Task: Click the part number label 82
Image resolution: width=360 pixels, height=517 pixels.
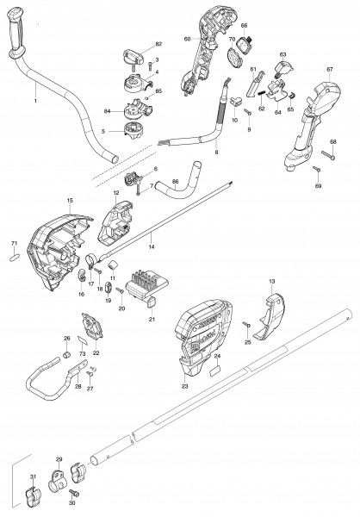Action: point(158,44)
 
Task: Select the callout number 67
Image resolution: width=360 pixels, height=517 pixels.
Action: point(330,69)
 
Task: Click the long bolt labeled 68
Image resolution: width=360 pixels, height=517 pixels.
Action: point(328,155)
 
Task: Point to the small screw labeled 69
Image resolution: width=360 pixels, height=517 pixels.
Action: point(317,169)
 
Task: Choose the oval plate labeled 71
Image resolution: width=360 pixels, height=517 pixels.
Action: point(15,258)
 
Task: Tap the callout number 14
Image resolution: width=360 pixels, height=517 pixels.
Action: point(152,246)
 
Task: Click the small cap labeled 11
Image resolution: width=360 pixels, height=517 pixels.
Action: point(114,265)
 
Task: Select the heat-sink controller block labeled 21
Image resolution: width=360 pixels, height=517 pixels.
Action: point(146,286)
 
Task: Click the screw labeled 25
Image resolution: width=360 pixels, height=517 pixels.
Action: point(246,325)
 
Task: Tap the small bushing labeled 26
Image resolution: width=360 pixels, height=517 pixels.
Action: point(67,355)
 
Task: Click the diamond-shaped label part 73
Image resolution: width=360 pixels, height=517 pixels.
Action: point(82,340)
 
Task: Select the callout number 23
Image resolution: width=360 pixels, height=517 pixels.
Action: point(184,386)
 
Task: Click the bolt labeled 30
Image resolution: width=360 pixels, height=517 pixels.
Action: point(74,493)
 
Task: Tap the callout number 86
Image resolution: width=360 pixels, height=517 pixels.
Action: point(176,181)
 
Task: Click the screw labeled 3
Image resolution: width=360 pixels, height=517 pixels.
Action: point(150,66)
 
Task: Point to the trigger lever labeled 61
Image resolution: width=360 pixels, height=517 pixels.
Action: point(254,84)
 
